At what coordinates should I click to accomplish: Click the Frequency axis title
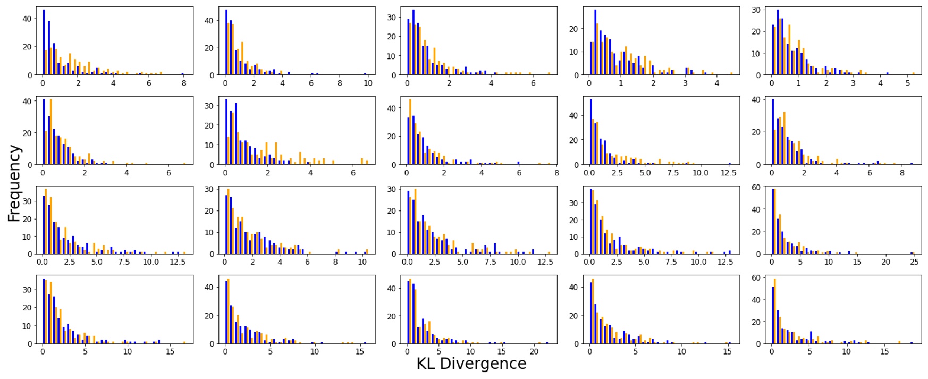pos(14,183)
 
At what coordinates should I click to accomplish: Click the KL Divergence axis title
pos(471,364)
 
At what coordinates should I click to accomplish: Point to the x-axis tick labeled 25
pos(914,262)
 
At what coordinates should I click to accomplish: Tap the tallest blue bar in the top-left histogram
pos(44,43)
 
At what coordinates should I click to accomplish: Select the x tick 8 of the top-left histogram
pos(184,83)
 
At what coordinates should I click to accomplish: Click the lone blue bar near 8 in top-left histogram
pos(183,74)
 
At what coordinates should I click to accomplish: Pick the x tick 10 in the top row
pos(368,83)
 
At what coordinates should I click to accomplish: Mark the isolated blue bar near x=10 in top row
pos(365,74)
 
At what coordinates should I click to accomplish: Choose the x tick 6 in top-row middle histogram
pos(533,83)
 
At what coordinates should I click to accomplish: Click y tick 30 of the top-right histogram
pos(756,10)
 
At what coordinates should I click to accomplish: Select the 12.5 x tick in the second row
pos(728,173)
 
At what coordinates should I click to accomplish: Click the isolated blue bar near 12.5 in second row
pos(729,164)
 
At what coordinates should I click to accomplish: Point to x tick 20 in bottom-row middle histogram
pos(534,352)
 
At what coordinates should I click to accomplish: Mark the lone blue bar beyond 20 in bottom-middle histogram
pos(546,343)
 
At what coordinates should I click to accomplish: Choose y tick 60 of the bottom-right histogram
pos(756,278)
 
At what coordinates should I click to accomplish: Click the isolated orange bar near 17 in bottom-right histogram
pos(899,342)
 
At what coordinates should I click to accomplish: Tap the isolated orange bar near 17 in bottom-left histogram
pos(184,342)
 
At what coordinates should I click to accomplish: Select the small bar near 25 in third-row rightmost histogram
pos(912,253)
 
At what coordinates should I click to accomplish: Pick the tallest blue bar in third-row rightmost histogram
pos(773,221)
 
